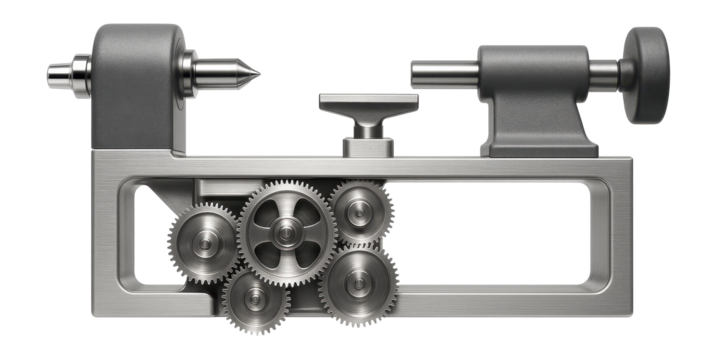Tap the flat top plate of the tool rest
[x=369, y=103]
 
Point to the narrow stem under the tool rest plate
[x=368, y=127]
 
